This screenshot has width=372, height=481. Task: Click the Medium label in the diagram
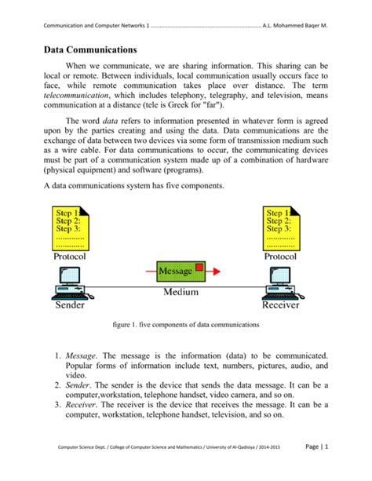point(181,292)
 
